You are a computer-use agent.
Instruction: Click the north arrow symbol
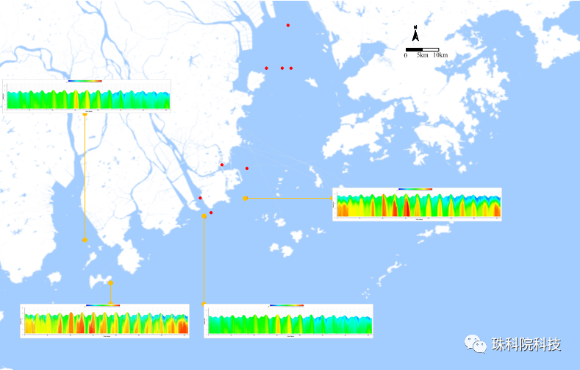coord(415,34)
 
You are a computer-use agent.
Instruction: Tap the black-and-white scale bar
coord(421,49)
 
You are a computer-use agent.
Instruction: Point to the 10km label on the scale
coord(440,55)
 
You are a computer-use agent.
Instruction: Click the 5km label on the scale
coord(422,55)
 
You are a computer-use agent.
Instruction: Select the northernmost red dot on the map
coord(288,26)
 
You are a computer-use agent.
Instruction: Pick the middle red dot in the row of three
coord(282,68)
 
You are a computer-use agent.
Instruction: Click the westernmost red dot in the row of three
coord(266,68)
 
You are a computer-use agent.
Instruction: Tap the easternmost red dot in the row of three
coord(291,68)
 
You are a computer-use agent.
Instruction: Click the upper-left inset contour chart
coord(87,96)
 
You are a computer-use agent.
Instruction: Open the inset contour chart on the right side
coord(417,204)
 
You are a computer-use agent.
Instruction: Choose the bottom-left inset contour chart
coord(104,321)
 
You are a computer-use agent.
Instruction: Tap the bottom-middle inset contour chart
coord(288,321)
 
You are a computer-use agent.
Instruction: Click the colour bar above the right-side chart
coord(415,189)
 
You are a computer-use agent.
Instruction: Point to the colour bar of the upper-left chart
coord(85,81)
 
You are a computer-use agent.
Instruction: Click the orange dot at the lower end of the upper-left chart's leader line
coord(85,240)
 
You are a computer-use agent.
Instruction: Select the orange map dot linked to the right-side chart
coord(246,199)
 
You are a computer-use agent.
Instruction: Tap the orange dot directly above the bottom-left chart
coord(110,282)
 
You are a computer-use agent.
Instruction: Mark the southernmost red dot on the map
coord(211,213)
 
